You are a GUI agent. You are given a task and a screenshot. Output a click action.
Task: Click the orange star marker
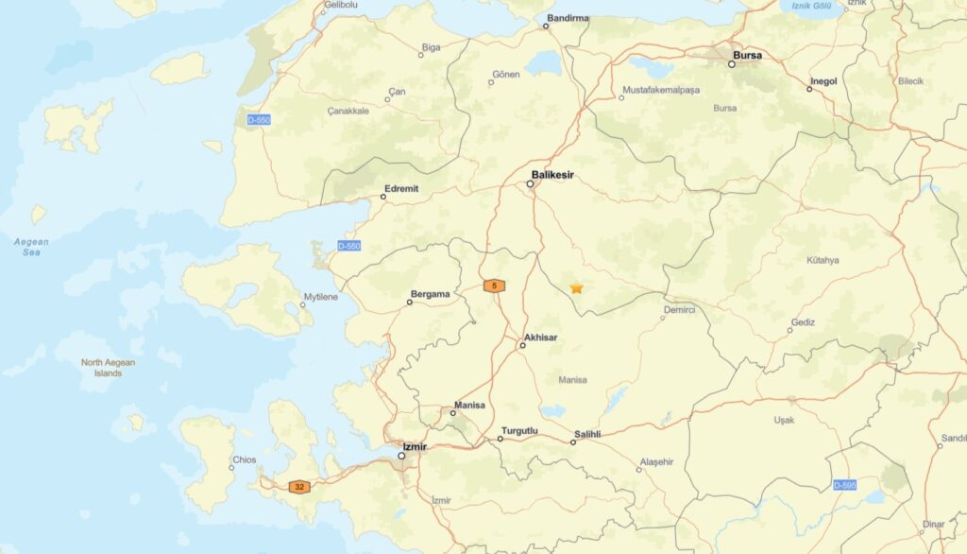tap(576, 287)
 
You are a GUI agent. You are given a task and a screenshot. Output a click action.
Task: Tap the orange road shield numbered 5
tap(494, 285)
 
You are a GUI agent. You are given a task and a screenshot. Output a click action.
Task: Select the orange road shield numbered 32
tap(299, 487)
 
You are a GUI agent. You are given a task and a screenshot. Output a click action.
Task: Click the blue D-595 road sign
tap(845, 485)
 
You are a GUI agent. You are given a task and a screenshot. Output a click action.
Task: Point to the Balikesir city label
tap(552, 174)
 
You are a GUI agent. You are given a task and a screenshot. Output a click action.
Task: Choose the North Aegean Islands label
tap(108, 368)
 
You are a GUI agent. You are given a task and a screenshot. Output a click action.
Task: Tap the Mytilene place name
tap(319, 297)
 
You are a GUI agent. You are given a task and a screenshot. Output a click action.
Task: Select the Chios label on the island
tap(244, 460)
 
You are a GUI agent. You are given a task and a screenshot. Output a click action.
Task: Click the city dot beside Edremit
tap(383, 197)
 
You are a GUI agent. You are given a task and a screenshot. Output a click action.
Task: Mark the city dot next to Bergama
tap(410, 303)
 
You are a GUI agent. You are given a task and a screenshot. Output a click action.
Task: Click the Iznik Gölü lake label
tap(811, 6)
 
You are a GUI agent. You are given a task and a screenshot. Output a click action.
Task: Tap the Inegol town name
tap(823, 81)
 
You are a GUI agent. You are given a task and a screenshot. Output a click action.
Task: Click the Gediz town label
tap(803, 321)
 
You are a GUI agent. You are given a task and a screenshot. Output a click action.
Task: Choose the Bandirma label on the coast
tap(567, 18)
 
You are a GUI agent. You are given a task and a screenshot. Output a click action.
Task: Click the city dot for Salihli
tap(573, 441)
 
